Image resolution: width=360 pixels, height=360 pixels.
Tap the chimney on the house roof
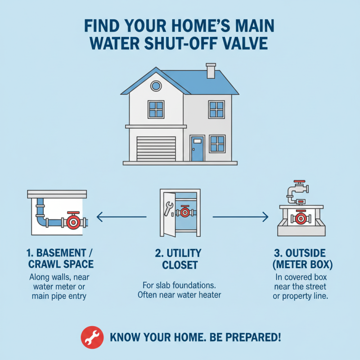tap(211, 72)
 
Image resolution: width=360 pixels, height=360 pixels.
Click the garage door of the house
tap(156, 148)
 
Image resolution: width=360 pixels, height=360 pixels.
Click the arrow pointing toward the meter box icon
tap(240, 218)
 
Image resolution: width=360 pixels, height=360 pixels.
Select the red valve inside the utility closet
tap(184, 211)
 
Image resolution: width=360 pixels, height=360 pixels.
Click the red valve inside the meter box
tap(301, 219)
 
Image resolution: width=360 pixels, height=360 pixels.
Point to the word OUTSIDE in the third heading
tap(306, 252)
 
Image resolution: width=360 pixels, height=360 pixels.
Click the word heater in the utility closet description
tap(210, 295)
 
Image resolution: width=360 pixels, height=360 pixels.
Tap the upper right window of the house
tap(216, 109)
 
